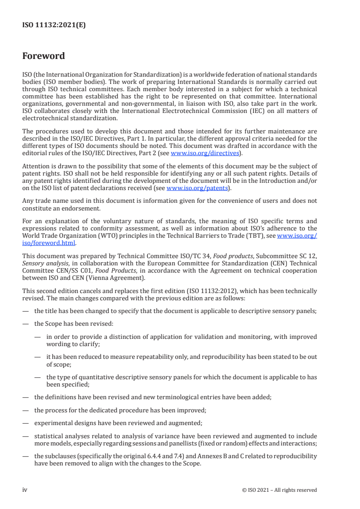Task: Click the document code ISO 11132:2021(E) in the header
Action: (x=54, y=25)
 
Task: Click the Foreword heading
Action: (x=44, y=56)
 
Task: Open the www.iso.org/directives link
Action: (x=204, y=153)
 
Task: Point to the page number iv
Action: (x=25, y=490)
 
